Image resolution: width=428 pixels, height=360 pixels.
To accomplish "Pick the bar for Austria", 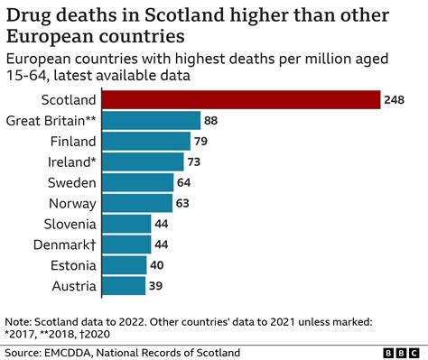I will point(132,286).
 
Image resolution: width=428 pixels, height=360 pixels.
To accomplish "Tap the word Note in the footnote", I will point(18,320).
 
